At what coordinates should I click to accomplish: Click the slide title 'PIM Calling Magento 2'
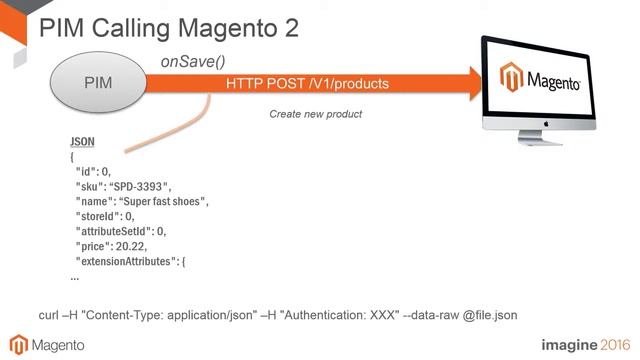pos(168,27)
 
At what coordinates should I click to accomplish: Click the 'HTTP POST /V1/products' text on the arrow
pos(307,83)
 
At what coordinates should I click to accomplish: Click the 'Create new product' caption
pos(315,114)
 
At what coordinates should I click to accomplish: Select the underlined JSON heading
pos(82,142)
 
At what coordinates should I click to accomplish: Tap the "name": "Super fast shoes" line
pos(141,201)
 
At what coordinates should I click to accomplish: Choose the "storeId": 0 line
pos(104,216)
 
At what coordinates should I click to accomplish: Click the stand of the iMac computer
pos(544,146)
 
